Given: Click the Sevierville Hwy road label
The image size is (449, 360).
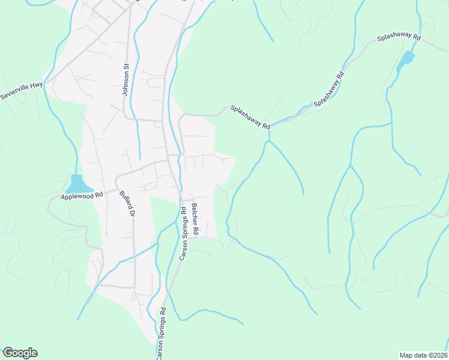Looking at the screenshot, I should [22, 91].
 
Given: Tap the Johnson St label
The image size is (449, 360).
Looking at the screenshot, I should [127, 80].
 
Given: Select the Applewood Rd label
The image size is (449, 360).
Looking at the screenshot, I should [82, 195].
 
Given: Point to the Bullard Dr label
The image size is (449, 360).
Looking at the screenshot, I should [125, 204].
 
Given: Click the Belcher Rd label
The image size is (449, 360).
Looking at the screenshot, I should [195, 218].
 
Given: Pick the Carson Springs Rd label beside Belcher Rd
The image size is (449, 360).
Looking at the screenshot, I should [182, 233].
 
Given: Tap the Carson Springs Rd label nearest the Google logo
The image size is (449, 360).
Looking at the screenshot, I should [160, 334].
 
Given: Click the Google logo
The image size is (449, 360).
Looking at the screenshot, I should [20, 353].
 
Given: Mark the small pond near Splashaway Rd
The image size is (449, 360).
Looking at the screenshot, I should [406, 59].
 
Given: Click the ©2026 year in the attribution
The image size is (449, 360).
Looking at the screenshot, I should [438, 355].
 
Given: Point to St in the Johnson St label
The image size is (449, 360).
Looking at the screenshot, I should [127, 68].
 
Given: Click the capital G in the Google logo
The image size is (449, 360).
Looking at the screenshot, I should [8, 352].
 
